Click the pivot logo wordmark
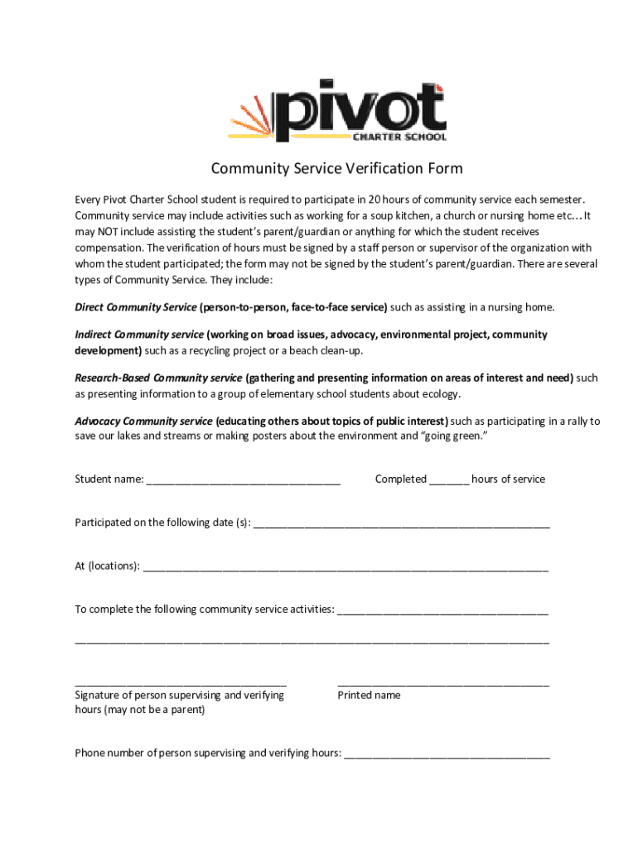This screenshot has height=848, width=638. pos(360,113)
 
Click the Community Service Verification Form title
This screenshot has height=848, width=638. pos(336,169)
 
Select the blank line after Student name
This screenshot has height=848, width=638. pos(244,480)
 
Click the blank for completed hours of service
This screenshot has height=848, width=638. pos(449,480)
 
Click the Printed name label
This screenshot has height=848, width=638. pos(369,696)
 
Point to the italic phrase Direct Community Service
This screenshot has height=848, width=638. pos(136,307)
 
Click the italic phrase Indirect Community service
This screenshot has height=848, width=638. pos(139,335)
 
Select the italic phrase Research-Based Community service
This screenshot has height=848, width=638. pos(158,378)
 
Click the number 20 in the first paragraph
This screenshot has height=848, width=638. pos(375,200)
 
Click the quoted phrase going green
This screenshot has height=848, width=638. pos(453,436)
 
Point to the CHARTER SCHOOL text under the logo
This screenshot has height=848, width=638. pos(406,137)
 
